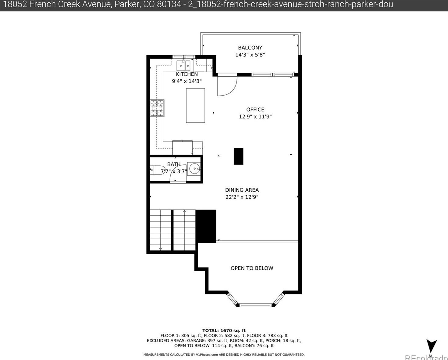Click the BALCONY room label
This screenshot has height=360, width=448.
(250, 48)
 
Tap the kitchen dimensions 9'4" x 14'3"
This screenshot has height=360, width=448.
(187, 81)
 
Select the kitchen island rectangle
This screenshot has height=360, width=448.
(195, 106)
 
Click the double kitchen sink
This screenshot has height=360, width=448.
(183, 66)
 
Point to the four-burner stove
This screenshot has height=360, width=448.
(157, 108)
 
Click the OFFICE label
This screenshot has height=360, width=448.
(255, 110)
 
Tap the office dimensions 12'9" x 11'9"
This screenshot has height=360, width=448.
(255, 117)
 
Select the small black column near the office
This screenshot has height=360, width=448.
(238, 156)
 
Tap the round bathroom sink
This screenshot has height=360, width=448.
(194, 168)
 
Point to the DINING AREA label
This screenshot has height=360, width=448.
(242, 190)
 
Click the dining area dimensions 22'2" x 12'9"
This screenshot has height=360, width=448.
(242, 197)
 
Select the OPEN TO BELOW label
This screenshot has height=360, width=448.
(252, 268)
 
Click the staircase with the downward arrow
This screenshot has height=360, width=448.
(161, 230)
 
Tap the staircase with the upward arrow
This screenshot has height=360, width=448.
(184, 230)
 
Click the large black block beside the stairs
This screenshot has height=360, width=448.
(206, 226)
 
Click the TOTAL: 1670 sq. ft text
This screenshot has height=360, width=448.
(224, 330)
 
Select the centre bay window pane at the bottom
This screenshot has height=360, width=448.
(255, 305)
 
